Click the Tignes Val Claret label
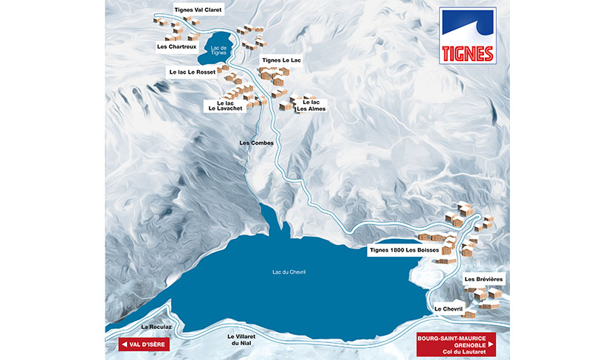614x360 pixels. [197, 11]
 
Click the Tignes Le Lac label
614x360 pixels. [282, 60]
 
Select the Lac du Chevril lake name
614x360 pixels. [289, 272]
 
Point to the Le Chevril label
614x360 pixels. [448, 308]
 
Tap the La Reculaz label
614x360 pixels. [156, 325]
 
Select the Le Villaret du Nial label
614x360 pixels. [243, 339]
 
